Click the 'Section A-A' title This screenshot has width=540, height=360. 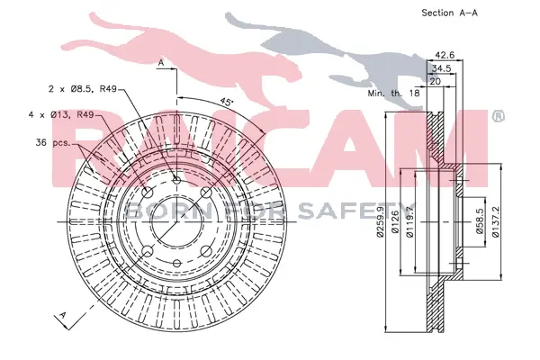coord(449,13)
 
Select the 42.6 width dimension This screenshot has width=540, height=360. coord(445,54)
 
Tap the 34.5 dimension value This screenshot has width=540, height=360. coord(441,68)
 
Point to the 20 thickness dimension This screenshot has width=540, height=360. coord(436,82)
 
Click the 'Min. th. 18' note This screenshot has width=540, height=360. coord(393,93)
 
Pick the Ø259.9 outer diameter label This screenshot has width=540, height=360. coord(380,222)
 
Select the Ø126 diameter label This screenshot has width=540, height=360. coord(395,222)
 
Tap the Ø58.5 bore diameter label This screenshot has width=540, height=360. coord(480,221)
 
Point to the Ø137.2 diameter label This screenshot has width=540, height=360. coord(495,221)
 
